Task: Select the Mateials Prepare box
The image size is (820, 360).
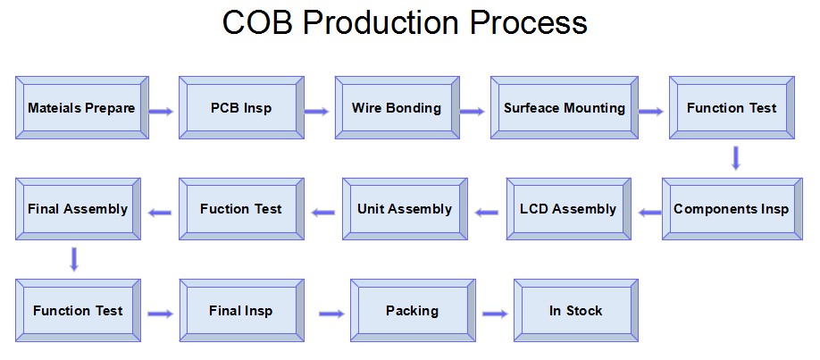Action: coord(82,108)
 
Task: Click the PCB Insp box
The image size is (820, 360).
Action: coord(241,108)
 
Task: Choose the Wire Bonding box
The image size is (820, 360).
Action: coord(397,108)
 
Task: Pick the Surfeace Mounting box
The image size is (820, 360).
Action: coord(565,108)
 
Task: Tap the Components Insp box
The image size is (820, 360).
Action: coord(732,209)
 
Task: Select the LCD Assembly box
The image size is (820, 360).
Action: coord(569,209)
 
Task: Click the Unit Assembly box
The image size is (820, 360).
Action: coord(405,209)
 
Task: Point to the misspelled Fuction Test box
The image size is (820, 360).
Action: coord(241,209)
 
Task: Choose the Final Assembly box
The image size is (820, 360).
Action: coord(78,209)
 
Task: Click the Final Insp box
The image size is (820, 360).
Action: coord(241,311)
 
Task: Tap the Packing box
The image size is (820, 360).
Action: coord(413,311)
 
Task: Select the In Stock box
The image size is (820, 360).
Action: coord(576,311)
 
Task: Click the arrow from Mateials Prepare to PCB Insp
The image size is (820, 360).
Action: coord(161,111)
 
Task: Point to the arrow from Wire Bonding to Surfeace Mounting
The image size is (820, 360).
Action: coord(473,111)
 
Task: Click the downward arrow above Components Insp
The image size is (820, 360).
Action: coord(736,158)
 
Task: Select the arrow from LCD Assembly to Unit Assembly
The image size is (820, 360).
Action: coord(487,213)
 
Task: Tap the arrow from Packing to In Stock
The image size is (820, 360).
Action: coord(495,314)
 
